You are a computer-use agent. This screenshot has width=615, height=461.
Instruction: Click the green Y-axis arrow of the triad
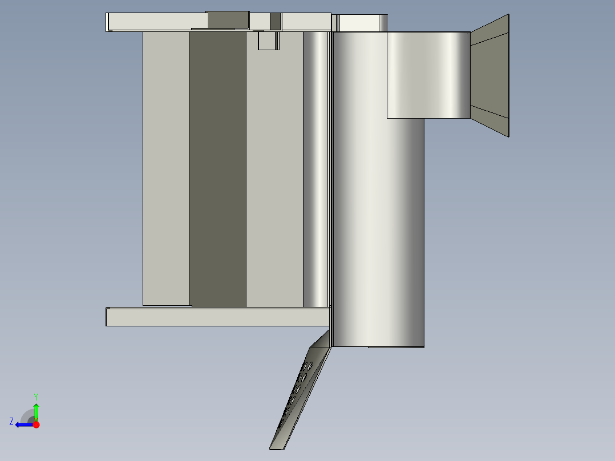tap(36, 410)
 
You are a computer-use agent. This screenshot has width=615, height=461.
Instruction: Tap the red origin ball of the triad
tap(36, 424)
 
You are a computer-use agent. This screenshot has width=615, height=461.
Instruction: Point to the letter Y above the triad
tap(35, 396)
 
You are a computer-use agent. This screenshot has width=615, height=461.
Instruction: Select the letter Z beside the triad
tap(11, 422)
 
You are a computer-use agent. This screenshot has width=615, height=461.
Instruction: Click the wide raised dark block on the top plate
tap(228, 19)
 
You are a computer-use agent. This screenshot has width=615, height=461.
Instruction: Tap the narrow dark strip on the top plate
tap(275, 21)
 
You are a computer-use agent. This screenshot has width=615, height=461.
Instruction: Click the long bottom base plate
tap(217, 317)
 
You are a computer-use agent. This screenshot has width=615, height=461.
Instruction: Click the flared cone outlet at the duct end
tap(489, 75)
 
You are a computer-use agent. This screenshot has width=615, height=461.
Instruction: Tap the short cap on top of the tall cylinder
tap(359, 23)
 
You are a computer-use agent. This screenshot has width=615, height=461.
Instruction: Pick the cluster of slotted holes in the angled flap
tap(298, 388)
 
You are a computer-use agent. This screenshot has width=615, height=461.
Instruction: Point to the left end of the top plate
tap(108, 22)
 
